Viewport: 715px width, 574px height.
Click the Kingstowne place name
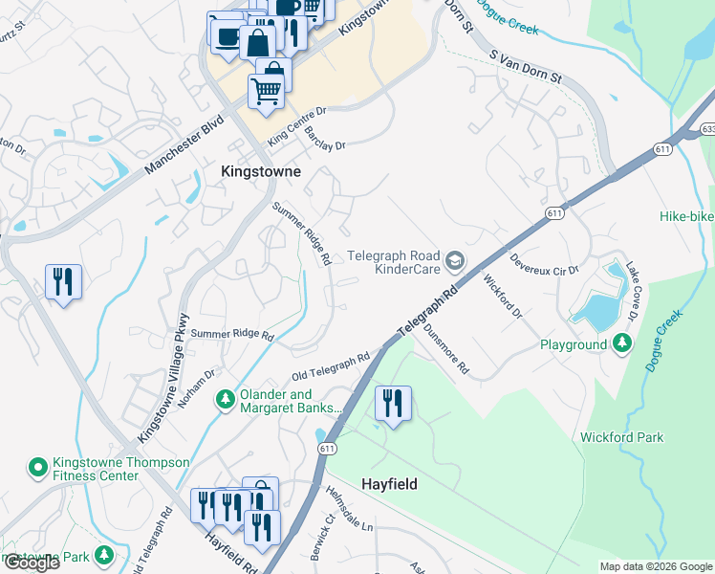(260, 172)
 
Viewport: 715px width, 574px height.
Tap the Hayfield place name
(389, 484)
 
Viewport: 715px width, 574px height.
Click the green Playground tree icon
(622, 342)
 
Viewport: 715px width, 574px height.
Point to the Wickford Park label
(621, 437)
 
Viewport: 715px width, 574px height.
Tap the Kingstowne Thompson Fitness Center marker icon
(37, 467)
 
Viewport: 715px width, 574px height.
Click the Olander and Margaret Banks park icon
(225, 397)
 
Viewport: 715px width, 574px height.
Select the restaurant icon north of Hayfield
(394, 403)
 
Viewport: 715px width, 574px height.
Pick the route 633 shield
(707, 127)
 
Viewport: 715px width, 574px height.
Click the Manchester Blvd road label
(184, 145)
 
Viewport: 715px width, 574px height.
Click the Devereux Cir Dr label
(544, 264)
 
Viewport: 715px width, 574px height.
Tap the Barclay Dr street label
(325, 139)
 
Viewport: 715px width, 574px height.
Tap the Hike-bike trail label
(685, 216)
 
